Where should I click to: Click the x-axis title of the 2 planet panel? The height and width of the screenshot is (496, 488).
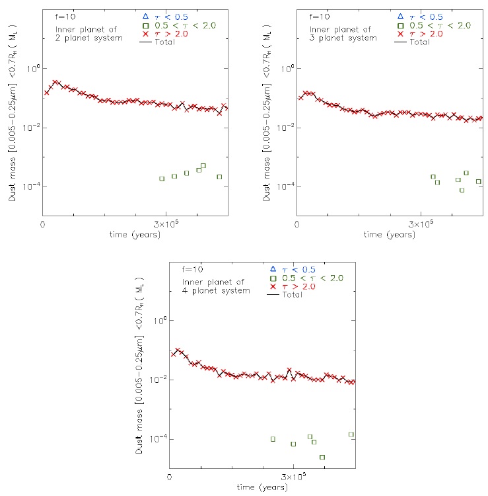(135, 234)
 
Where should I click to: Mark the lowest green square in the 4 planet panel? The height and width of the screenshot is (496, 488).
(322, 457)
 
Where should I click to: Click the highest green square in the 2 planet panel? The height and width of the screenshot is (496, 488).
(203, 165)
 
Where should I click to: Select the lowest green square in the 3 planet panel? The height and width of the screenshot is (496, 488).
(462, 190)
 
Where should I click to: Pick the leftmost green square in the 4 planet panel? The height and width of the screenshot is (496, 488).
(273, 438)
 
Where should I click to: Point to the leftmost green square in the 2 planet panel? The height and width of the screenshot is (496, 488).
(162, 179)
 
